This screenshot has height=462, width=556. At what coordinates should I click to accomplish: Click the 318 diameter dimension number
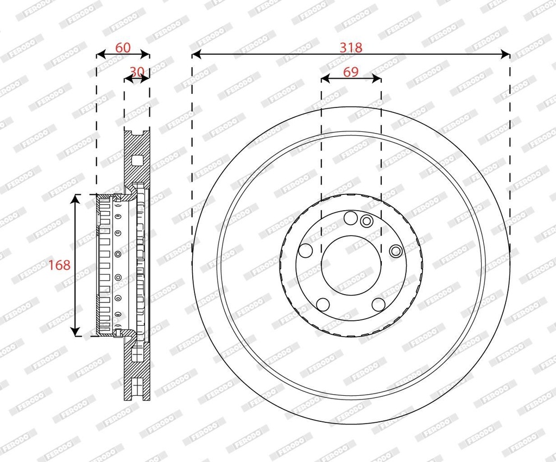(x=351, y=47)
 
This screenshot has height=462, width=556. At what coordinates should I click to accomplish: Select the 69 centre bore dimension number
(x=351, y=72)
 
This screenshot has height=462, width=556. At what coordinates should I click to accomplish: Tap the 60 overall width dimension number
(x=123, y=47)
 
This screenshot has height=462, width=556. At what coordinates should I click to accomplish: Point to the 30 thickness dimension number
(x=137, y=72)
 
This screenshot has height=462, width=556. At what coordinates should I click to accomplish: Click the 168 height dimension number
(x=59, y=265)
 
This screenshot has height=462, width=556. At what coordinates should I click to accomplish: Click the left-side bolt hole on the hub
(x=306, y=251)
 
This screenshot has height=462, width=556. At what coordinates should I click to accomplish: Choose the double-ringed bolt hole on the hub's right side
(x=396, y=250)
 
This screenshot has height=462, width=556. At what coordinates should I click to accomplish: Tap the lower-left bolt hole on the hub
(x=323, y=304)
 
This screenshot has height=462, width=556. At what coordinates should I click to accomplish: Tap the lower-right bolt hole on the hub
(x=378, y=305)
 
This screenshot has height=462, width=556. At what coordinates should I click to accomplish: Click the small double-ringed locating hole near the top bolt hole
(x=367, y=221)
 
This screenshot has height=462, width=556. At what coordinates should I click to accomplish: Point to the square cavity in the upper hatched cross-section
(x=137, y=161)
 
